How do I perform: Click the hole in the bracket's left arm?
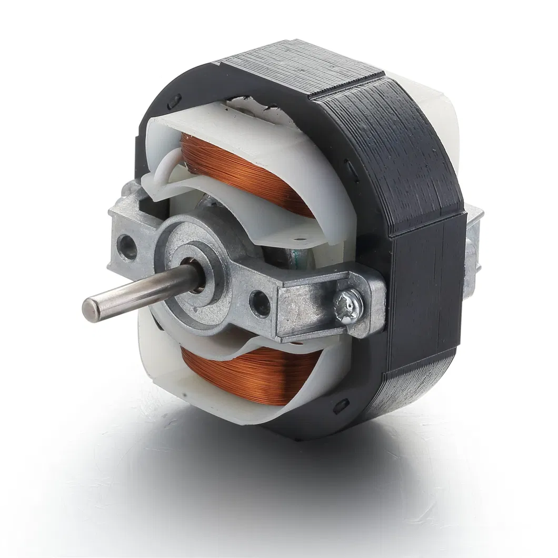[x=126, y=246]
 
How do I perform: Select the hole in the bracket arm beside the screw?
[x=260, y=303]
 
